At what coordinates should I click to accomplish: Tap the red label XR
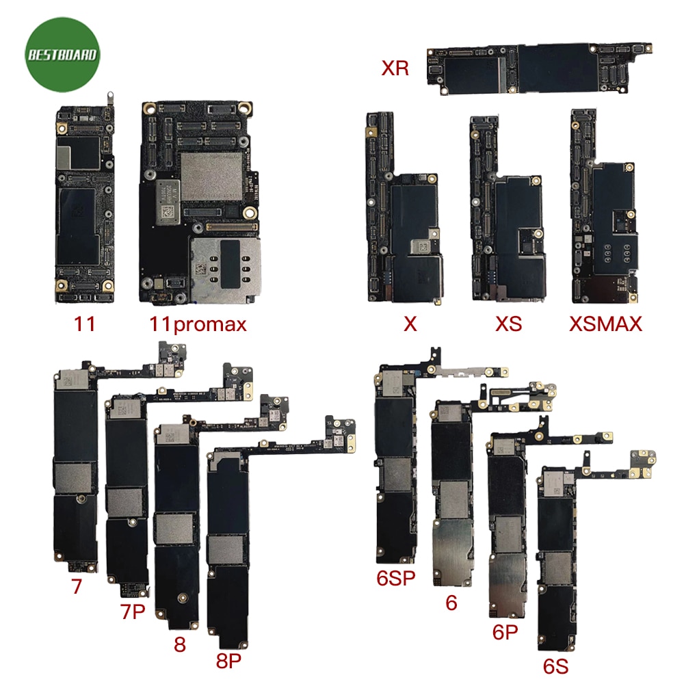(396, 68)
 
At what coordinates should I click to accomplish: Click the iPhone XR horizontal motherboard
(540, 68)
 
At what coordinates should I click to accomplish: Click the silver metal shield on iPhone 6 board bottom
(451, 547)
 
